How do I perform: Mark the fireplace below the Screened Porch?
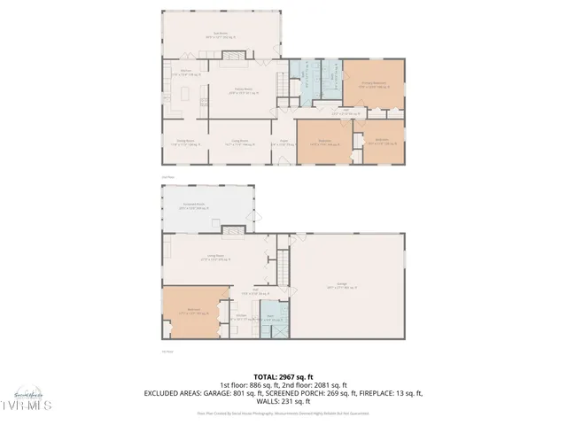(232, 233)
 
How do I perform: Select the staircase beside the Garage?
(283, 264)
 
